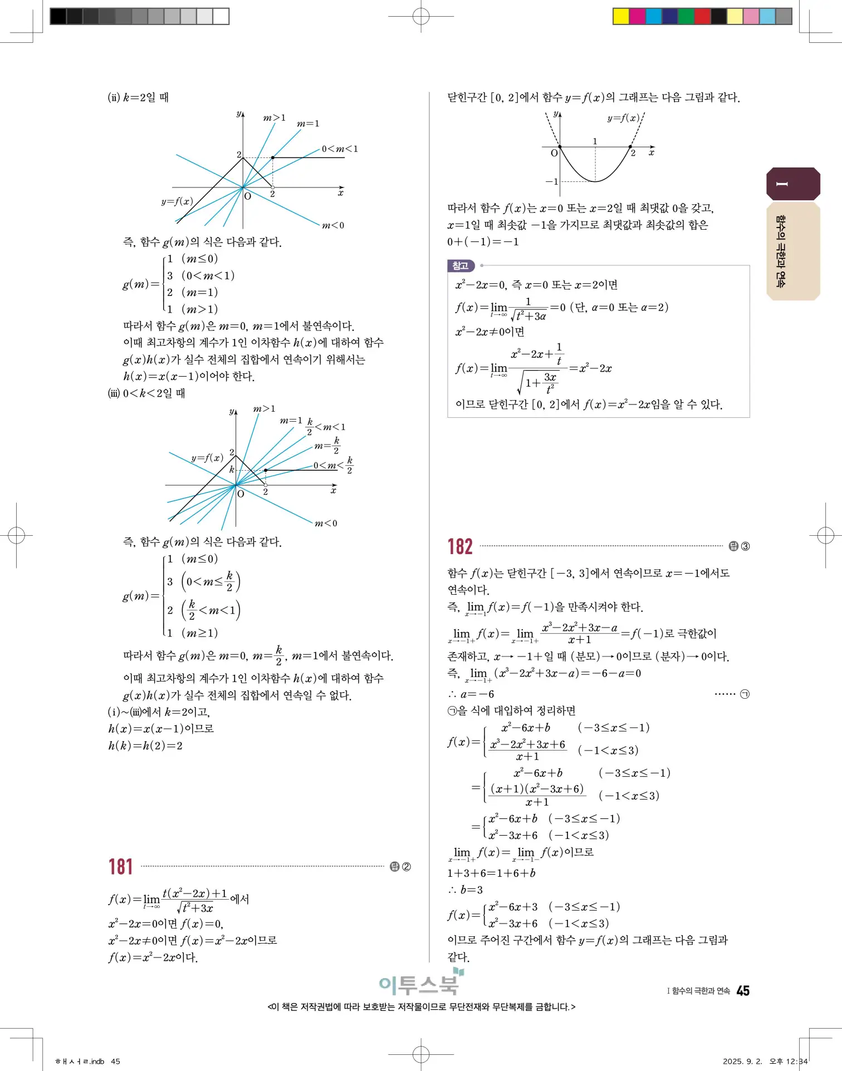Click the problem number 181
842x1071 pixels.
pyautogui.click(x=120, y=867)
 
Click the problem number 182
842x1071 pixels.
pyautogui.click(x=460, y=546)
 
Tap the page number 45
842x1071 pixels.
pyautogui.click(x=743, y=991)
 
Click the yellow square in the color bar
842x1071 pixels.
pyautogui.click(x=621, y=16)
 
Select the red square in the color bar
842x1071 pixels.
pyautogui.click(x=702, y=16)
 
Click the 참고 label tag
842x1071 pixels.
pyautogui.click(x=461, y=266)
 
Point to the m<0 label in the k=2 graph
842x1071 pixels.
pyautogui.click(x=333, y=225)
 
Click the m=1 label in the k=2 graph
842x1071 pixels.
pyautogui.click(x=308, y=124)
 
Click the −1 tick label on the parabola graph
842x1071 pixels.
pyautogui.click(x=551, y=181)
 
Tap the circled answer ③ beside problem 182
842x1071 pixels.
pyautogui.click(x=745, y=546)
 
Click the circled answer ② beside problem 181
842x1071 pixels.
pyautogui.click(x=406, y=867)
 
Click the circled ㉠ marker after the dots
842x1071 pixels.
pyautogui.click(x=745, y=694)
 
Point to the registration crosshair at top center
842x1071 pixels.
pyautogui.click(x=421, y=17)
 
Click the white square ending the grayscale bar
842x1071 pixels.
pyautogui.click(x=221, y=16)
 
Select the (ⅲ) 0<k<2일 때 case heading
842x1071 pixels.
pyautogui.click(x=146, y=393)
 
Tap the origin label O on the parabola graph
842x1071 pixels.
pyautogui.click(x=554, y=153)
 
